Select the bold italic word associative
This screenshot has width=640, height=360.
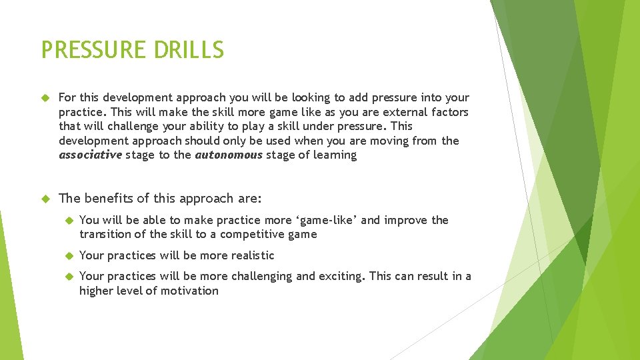coord(90,155)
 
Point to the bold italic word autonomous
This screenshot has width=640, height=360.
coord(229,155)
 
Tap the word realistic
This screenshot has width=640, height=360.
coord(253,255)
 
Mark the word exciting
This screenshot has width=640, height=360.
coord(341,276)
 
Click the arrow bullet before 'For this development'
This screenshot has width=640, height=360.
coord(45,98)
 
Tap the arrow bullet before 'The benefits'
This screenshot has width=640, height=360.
coord(45,199)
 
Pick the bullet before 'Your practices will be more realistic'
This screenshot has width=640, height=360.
coord(67,256)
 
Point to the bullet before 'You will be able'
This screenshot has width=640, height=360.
coord(67,221)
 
